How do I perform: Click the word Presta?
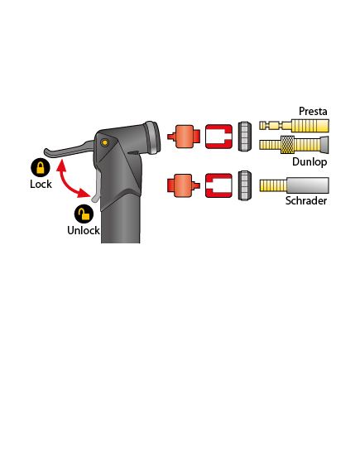click(x=313, y=111)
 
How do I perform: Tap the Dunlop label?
click(x=310, y=161)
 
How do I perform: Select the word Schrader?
click(x=306, y=200)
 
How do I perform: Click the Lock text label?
click(x=41, y=184)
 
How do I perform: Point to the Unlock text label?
click(x=84, y=230)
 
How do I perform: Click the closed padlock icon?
click(x=41, y=167)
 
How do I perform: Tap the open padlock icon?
click(x=84, y=214)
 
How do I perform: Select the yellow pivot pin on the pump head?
click(x=104, y=142)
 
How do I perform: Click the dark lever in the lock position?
click(x=69, y=150)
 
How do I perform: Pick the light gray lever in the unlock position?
click(x=96, y=187)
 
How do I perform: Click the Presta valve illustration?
click(x=294, y=126)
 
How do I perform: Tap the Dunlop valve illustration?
click(x=294, y=145)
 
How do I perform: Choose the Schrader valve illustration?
click(x=294, y=185)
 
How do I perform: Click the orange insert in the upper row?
click(x=184, y=137)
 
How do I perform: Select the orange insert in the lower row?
click(x=184, y=185)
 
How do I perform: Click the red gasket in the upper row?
click(x=218, y=137)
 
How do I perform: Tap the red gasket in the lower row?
click(x=218, y=185)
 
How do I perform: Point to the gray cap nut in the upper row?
click(x=244, y=137)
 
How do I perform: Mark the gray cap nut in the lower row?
click(x=244, y=185)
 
